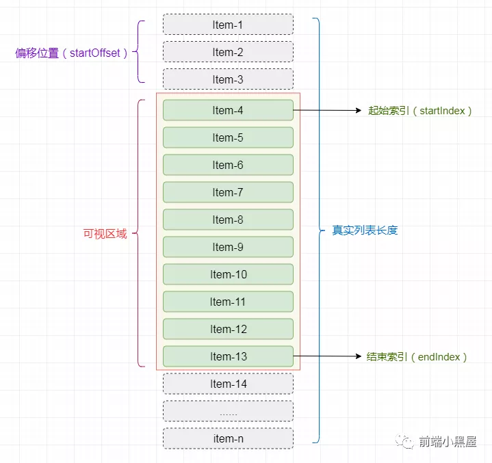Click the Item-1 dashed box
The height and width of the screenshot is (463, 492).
pyautogui.click(x=228, y=25)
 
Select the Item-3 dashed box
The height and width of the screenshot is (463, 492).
pyautogui.click(x=228, y=79)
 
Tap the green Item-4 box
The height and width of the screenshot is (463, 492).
pyautogui.click(x=228, y=110)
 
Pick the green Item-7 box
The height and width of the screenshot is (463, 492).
pyautogui.click(x=228, y=192)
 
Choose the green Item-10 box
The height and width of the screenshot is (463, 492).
pyautogui.click(x=228, y=274)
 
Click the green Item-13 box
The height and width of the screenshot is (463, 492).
pyautogui.click(x=228, y=356)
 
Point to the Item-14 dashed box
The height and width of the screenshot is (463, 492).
pyautogui.click(x=228, y=384)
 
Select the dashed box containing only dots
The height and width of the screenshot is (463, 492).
pyautogui.click(x=228, y=411)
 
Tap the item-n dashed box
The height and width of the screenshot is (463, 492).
pyautogui.click(x=228, y=438)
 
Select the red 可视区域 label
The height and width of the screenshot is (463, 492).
pyautogui.click(x=105, y=234)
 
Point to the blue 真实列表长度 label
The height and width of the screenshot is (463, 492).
pyautogui.click(x=365, y=230)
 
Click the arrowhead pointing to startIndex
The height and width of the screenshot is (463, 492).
pyautogui.click(x=359, y=110)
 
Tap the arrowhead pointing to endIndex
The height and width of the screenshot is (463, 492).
pyautogui.click(x=359, y=356)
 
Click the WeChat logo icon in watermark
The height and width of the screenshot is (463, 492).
pyautogui.click(x=405, y=441)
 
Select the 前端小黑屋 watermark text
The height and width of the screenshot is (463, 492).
pyautogui.click(x=448, y=442)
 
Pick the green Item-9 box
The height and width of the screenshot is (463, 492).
pyautogui.click(x=228, y=247)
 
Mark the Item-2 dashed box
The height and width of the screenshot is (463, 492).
pyautogui.click(x=228, y=52)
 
